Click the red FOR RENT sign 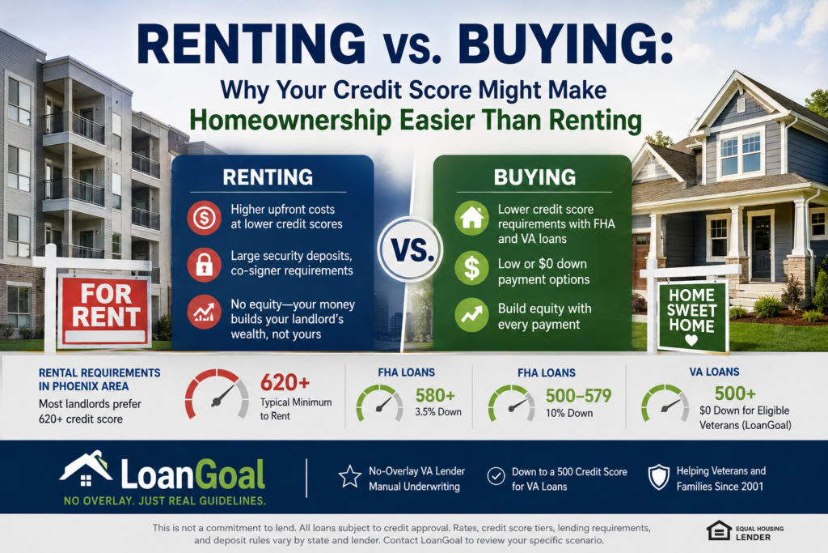105,311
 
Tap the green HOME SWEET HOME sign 692,316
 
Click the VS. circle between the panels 410,249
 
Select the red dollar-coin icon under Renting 205,217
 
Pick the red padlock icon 205,264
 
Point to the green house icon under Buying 471,217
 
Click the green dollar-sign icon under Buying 471,267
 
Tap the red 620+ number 285,382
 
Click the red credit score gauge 217,393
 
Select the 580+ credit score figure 435,395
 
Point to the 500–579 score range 578,395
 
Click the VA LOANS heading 714,372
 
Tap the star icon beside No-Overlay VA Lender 349,476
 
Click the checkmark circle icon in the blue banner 496,476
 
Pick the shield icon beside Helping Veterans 658,477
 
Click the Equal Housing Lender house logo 719,531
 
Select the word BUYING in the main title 566,45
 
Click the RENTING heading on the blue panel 268,177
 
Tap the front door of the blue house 761,247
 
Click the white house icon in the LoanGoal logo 86,469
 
